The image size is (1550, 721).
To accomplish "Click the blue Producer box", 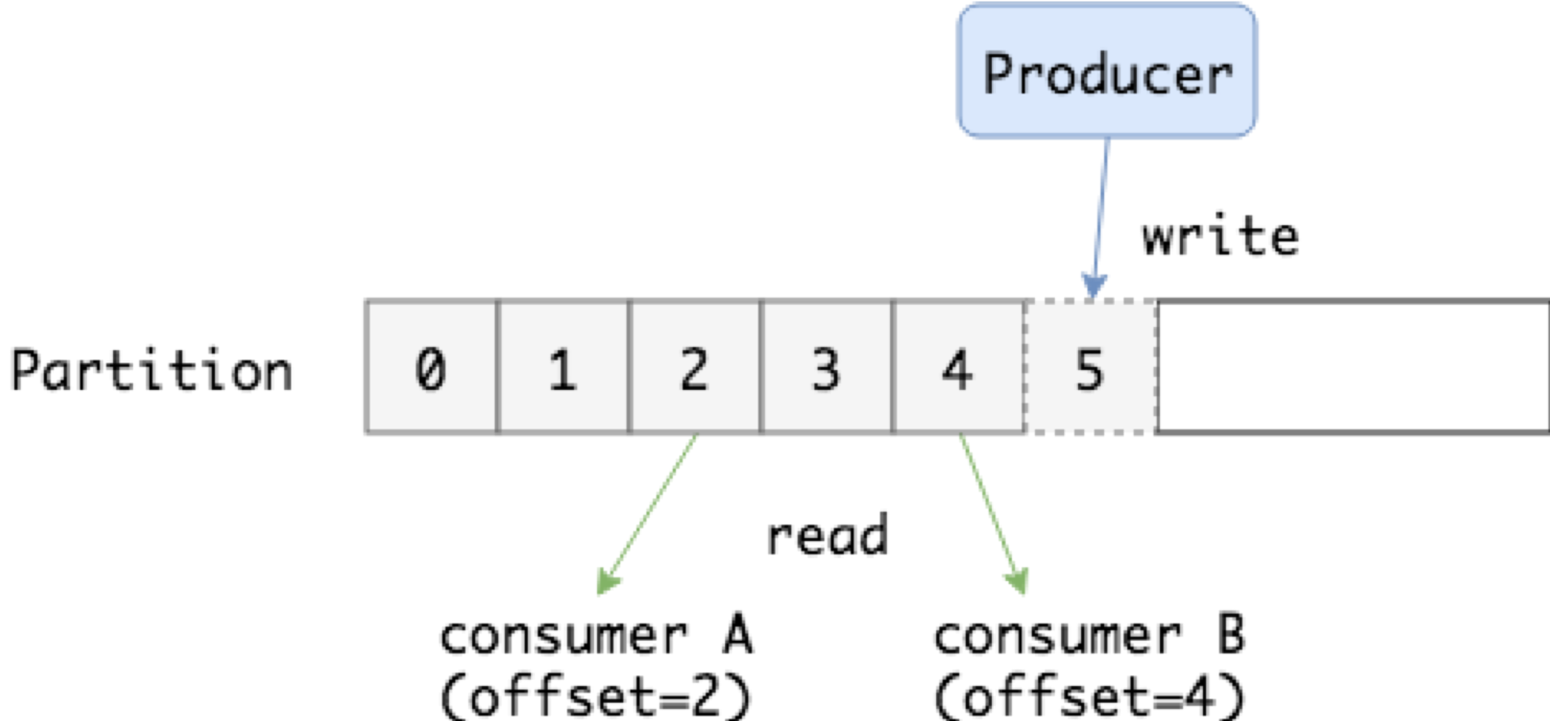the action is tap(1107, 71).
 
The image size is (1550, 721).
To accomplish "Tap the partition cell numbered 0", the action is tap(431, 367).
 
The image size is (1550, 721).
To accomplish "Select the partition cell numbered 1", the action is tap(563, 367).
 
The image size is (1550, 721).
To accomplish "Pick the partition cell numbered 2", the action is tap(694, 367).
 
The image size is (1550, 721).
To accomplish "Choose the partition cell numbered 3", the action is tap(826, 367).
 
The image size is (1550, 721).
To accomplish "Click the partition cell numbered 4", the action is tap(959, 367).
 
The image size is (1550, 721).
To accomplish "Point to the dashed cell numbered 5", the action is tap(1091, 367).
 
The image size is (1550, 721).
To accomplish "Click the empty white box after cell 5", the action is tap(1353, 367).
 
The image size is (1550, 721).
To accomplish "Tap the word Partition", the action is tap(152, 370).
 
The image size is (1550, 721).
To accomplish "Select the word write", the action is tap(1220, 236).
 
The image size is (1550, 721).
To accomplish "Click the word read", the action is tap(827, 535).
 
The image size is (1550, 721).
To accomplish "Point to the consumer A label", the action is tap(596, 635).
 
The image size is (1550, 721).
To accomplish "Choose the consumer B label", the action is tap(1090, 635).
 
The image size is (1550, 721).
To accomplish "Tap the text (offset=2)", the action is tap(595, 696).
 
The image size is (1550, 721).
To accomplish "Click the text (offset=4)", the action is tap(1090, 696).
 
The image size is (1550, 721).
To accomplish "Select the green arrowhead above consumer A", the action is tap(607, 582).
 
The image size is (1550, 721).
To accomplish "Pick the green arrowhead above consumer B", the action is tap(1017, 582).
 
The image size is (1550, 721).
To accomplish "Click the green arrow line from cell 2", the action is tap(647, 514).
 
